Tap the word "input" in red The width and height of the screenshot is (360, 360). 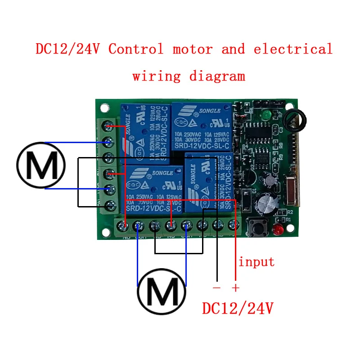(256, 261)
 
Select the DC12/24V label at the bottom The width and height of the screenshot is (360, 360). (238, 309)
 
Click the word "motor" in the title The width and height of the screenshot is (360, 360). (192, 49)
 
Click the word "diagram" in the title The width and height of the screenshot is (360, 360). (217, 76)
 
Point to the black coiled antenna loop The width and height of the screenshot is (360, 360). (297, 118)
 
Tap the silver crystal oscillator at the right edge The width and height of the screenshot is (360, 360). (288, 189)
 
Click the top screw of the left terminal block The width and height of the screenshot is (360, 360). (108, 125)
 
